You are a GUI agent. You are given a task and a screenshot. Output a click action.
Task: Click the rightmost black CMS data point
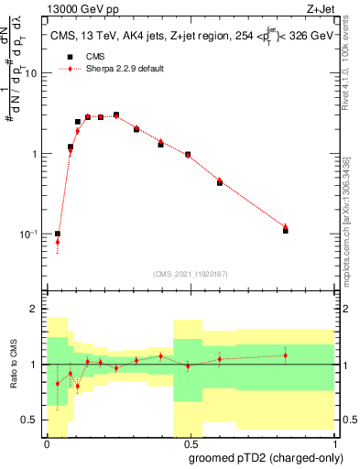point(286,231)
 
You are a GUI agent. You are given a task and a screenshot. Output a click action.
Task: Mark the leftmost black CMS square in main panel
point(58,234)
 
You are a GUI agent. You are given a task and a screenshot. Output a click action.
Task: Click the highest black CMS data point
point(116,115)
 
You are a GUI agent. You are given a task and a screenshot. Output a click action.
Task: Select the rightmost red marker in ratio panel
point(286,355)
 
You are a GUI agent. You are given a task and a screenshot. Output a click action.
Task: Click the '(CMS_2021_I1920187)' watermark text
point(190,273)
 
